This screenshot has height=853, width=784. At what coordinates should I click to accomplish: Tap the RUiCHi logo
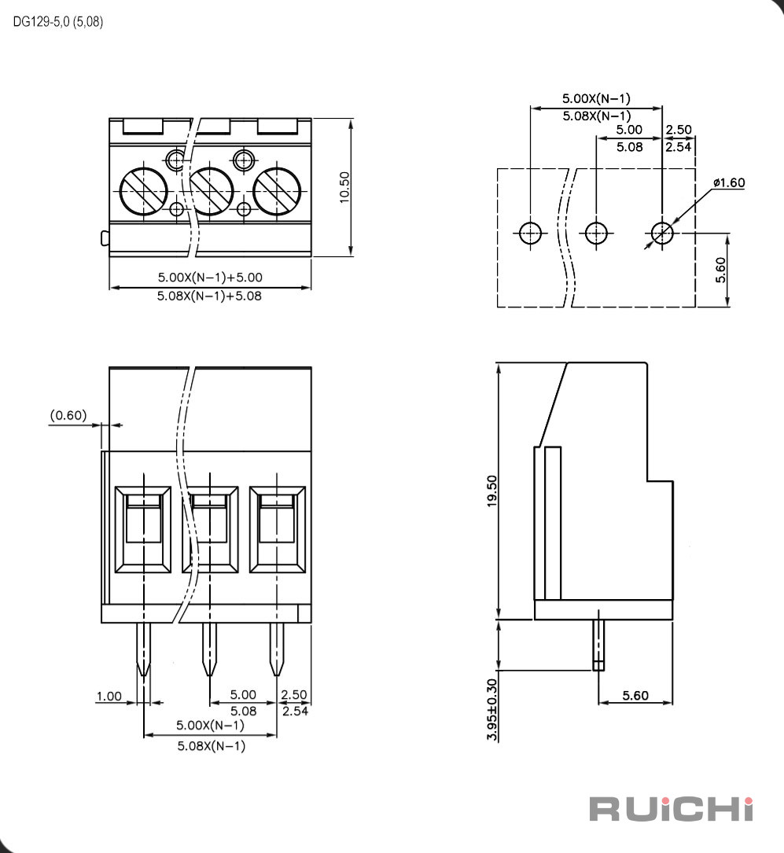pos(672,809)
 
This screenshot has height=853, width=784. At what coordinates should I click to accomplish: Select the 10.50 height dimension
pos(344,188)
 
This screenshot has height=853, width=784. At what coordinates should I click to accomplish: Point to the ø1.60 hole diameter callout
pos(728,182)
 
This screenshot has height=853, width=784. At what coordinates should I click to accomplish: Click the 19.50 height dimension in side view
pos(491,491)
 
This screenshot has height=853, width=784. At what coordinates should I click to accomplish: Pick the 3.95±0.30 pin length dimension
pos(491,709)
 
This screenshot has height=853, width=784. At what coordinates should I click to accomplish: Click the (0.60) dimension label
pos(68,415)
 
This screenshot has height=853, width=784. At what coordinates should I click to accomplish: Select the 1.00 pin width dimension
pos(109,697)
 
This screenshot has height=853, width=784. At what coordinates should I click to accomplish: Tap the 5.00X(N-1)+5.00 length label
pos(210,277)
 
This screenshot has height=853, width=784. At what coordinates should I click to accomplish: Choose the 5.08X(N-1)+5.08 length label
pos(209,296)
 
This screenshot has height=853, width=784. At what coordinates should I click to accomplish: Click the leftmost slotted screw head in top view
pos(143,192)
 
